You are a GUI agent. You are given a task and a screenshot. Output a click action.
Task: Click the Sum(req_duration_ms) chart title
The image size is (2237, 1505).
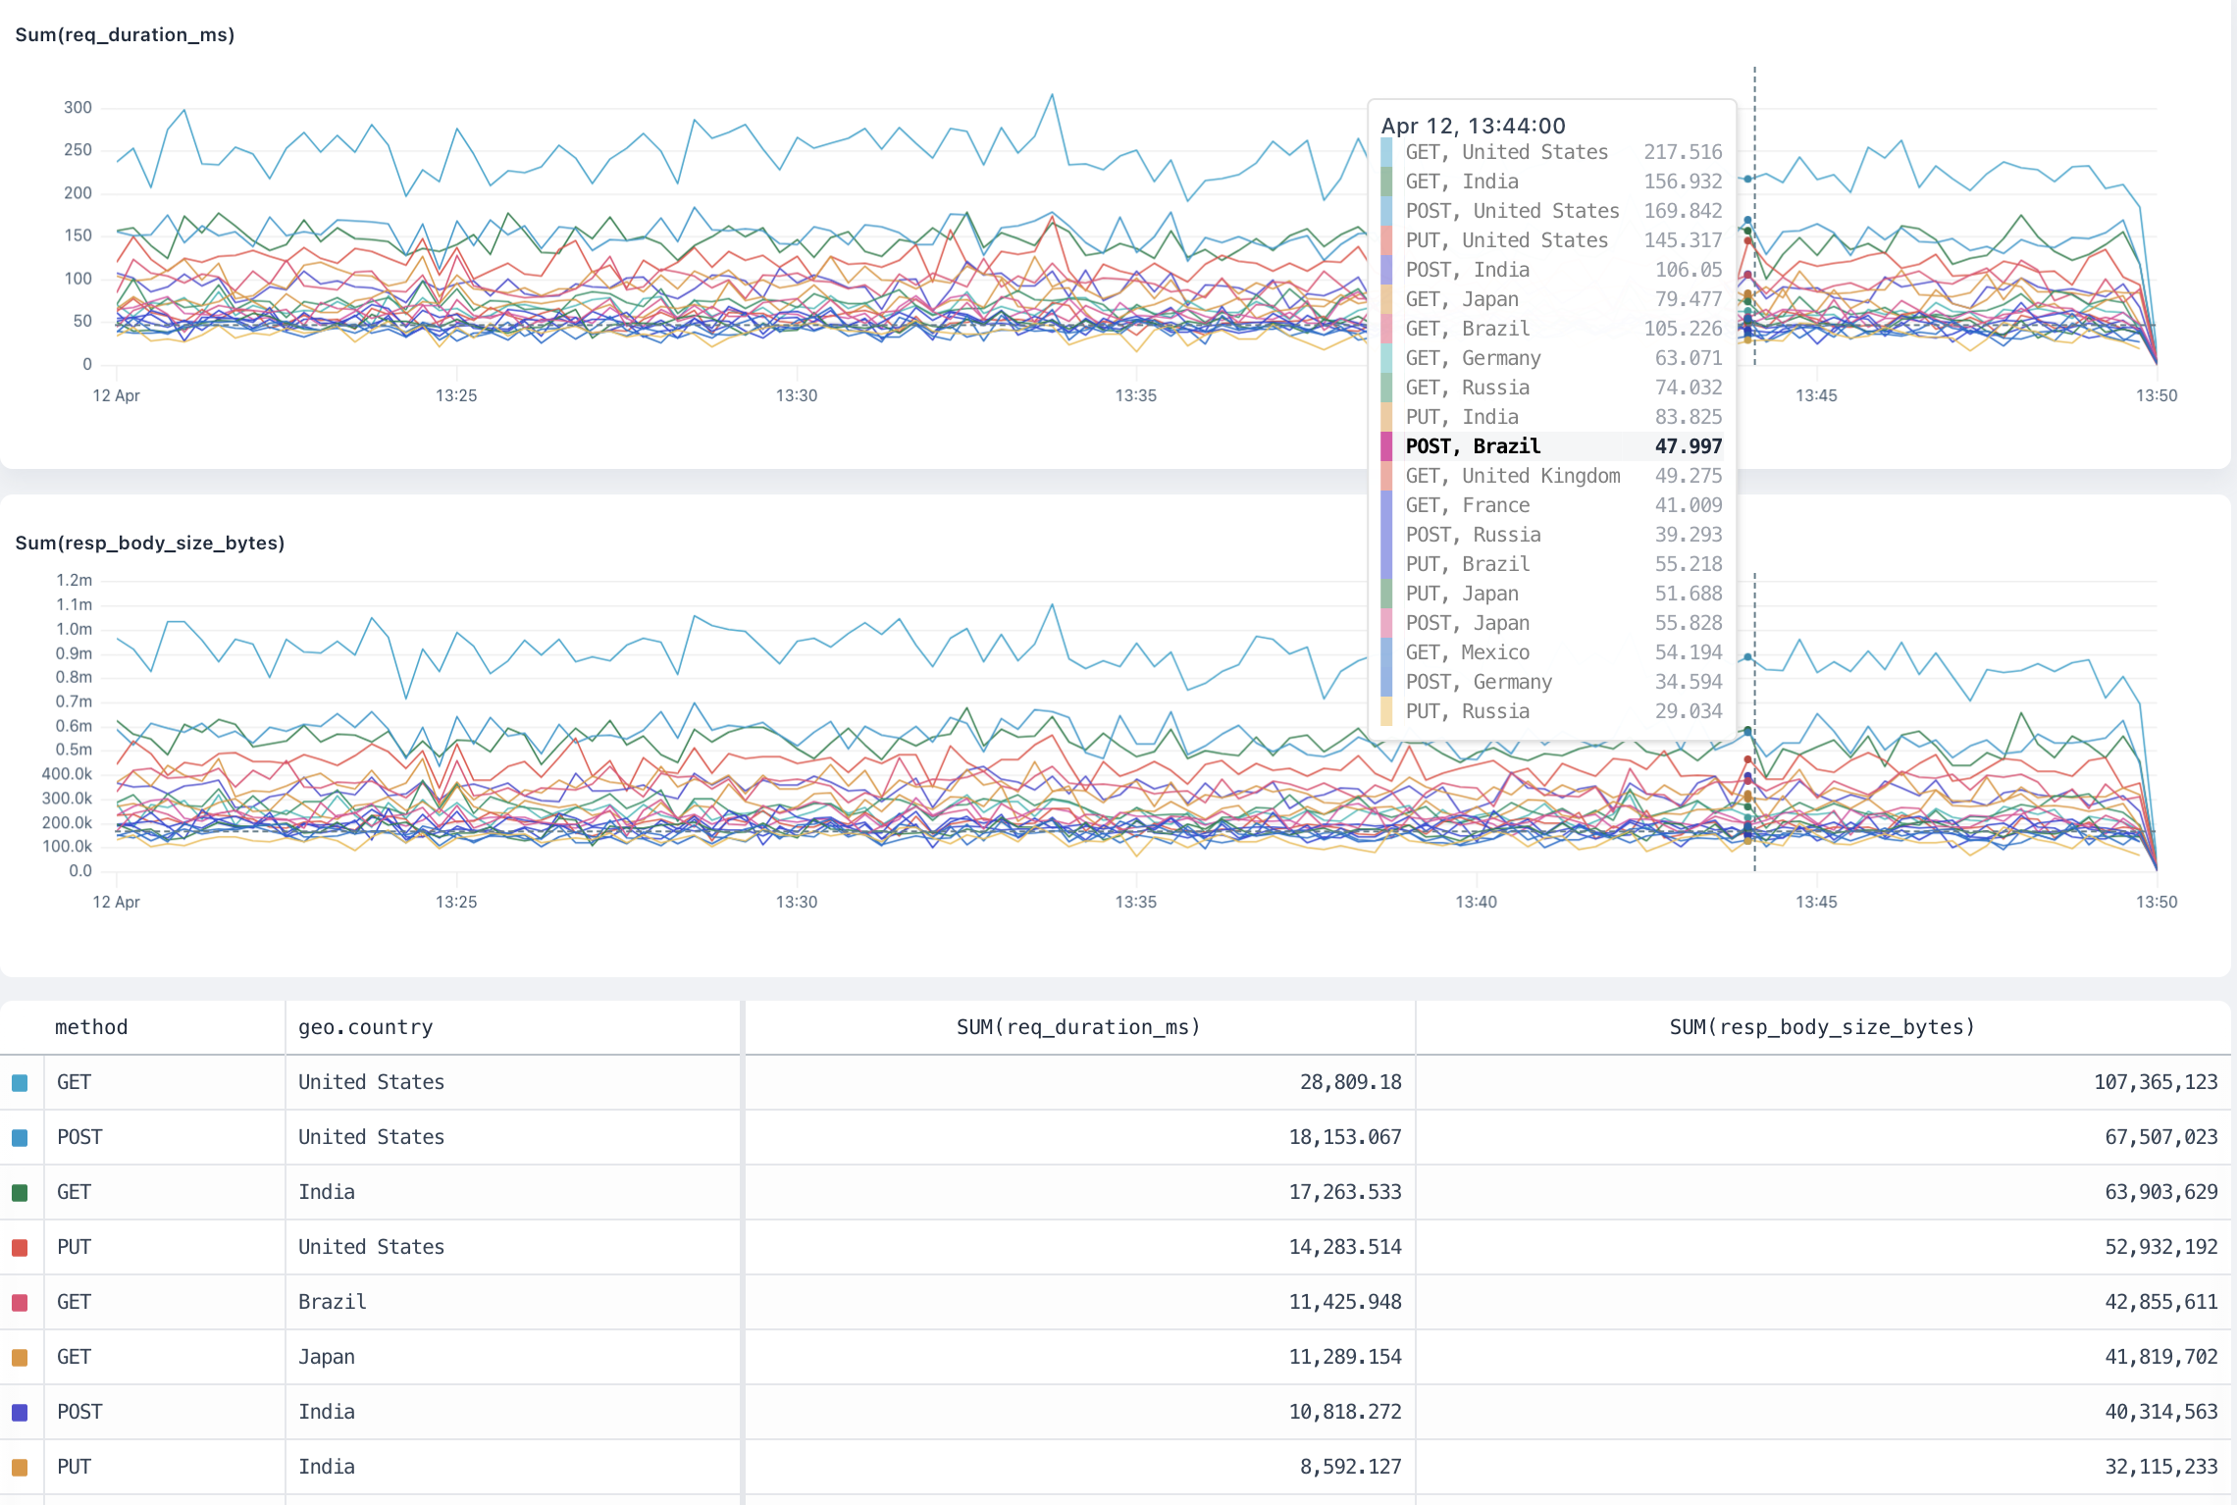(x=125, y=35)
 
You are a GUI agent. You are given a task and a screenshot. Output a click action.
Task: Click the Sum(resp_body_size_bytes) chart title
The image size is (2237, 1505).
(x=149, y=543)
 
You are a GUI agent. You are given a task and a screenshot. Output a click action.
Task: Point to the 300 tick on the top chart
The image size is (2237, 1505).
(x=78, y=108)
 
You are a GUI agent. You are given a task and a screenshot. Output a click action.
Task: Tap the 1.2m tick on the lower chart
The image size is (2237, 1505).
(x=74, y=581)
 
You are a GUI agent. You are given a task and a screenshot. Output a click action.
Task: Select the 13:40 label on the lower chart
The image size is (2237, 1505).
(x=1476, y=902)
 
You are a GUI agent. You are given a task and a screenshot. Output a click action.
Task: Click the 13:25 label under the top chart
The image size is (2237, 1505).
(x=456, y=395)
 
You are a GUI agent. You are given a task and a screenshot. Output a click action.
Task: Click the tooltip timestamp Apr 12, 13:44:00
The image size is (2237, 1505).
(x=1473, y=126)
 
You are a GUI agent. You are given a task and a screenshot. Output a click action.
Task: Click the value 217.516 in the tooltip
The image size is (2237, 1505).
(x=1683, y=152)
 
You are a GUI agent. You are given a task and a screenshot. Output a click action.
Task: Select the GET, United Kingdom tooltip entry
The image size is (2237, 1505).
(x=1512, y=476)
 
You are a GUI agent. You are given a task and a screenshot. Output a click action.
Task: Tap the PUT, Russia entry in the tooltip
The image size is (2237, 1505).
(x=1467, y=711)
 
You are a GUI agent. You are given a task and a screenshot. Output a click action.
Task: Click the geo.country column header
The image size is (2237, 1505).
(x=365, y=1027)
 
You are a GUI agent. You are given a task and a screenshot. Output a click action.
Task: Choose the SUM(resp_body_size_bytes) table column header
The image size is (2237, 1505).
(x=1822, y=1027)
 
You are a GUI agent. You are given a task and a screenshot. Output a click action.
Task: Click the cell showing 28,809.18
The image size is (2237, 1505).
(x=1350, y=1082)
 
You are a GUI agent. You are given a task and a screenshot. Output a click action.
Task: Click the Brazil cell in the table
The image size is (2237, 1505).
(x=333, y=1302)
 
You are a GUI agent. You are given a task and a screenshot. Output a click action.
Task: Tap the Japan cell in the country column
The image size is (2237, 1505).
(x=327, y=1357)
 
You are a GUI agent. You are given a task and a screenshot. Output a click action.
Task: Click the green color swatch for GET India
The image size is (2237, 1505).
(x=20, y=1193)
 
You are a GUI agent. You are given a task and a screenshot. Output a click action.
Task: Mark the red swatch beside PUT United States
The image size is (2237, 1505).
(x=20, y=1248)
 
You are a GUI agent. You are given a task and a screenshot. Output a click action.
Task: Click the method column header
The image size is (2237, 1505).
(x=91, y=1027)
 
